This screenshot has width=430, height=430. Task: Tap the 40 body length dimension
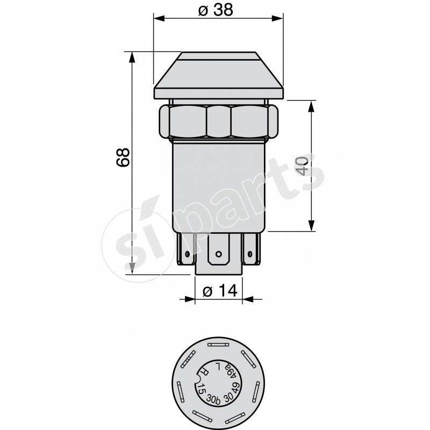point(302,166)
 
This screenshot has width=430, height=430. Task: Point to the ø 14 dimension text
point(220,291)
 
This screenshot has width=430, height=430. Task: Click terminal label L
point(218,366)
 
